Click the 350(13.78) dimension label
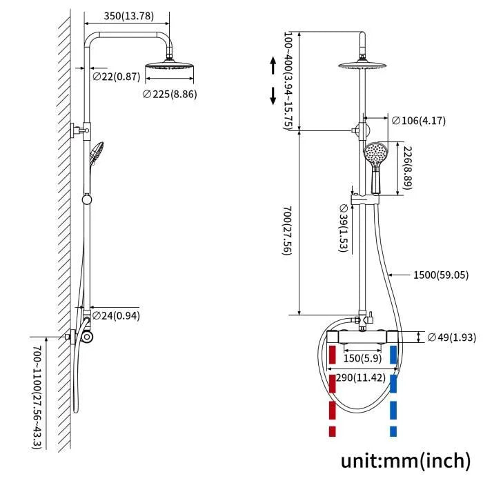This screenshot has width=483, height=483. click(128, 15)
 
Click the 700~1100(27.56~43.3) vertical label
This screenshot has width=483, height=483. click(35, 390)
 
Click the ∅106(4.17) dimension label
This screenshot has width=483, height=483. click(419, 121)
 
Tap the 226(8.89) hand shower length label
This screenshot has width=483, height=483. click(408, 167)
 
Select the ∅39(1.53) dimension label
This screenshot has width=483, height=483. click(343, 227)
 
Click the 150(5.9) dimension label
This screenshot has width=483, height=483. click(362, 357)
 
